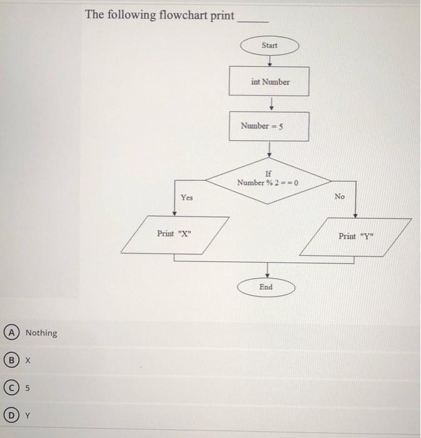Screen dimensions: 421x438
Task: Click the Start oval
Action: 269,46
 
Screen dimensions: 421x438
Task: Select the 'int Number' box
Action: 270,81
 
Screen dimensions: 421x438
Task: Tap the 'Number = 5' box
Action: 269,126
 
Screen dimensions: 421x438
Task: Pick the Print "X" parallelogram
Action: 175,234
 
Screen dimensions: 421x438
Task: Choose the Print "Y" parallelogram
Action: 356,237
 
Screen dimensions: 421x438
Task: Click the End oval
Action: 266,287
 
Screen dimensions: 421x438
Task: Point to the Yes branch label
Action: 186,198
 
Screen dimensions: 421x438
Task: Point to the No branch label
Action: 339,196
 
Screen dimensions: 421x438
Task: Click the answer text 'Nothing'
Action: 41,333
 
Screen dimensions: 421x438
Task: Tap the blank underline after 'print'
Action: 253,19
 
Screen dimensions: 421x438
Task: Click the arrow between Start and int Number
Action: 269,61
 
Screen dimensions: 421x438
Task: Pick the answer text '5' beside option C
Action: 28,388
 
